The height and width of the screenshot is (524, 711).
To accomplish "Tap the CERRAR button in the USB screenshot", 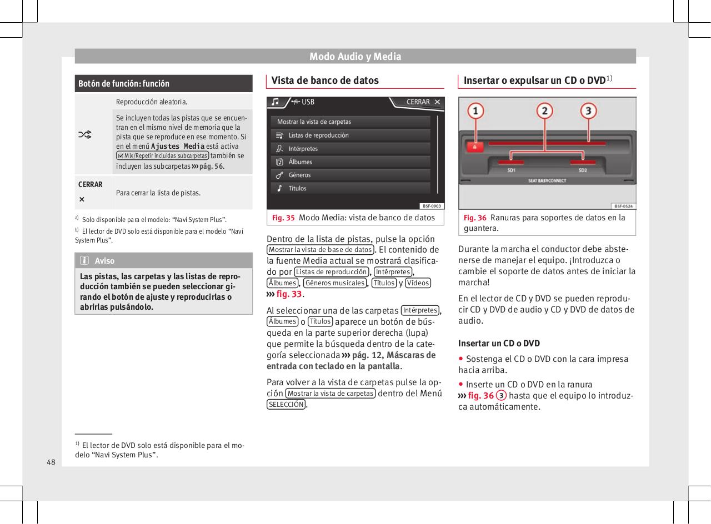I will pyautogui.click(x=423, y=102).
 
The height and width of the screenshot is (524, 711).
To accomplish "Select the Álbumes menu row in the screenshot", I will pyautogui.click(x=351, y=162).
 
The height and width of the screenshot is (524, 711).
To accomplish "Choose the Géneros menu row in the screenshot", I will pyautogui.click(x=351, y=175).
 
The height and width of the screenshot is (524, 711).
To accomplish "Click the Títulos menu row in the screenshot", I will pyautogui.click(x=351, y=188).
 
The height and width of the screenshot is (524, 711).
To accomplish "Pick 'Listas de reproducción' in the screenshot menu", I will pyautogui.click(x=351, y=135).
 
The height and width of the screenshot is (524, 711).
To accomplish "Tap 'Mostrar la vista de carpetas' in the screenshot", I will pyautogui.click(x=351, y=122).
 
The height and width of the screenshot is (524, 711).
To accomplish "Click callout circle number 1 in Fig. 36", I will pyautogui.click(x=475, y=112).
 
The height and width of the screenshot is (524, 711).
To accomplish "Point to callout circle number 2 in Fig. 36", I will pyautogui.click(x=544, y=112).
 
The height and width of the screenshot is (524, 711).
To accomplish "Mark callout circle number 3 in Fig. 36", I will pyautogui.click(x=589, y=112).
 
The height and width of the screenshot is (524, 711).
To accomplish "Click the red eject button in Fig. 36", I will pyautogui.click(x=475, y=147).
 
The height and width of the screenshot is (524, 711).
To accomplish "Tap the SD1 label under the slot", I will pyautogui.click(x=511, y=170).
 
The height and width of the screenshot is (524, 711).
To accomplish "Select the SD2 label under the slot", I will pyautogui.click(x=583, y=170).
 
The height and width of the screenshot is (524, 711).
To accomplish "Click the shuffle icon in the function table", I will pyautogui.click(x=86, y=134).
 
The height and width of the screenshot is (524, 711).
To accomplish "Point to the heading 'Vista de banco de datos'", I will pyautogui.click(x=325, y=80).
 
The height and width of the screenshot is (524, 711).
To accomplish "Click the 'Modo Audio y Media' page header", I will pyautogui.click(x=355, y=57).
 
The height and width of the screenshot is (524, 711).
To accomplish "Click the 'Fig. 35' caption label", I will pyautogui.click(x=283, y=218).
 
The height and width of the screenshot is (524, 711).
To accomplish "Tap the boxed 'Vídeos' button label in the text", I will pyautogui.click(x=418, y=283).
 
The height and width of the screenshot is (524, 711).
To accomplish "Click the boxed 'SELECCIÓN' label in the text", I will pyautogui.click(x=286, y=405).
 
